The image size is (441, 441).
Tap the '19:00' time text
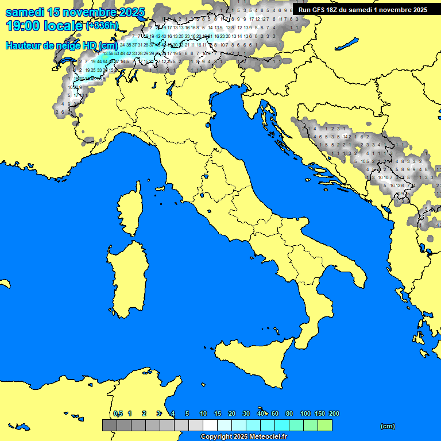point(24,26)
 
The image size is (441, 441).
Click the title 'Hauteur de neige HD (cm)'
point(61,46)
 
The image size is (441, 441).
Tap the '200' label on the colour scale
point(334,413)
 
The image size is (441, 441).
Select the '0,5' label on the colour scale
point(118,413)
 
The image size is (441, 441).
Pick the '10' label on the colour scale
point(203,413)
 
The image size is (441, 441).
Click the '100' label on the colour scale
point(305,413)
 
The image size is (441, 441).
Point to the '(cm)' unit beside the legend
point(388,426)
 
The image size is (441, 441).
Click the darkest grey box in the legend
point(109,425)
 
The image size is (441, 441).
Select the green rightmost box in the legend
point(324,425)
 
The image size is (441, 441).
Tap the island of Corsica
point(128,212)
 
